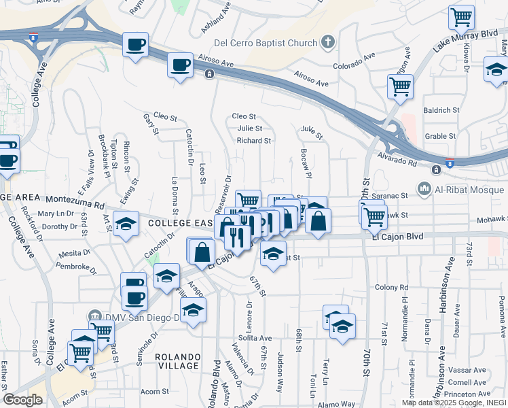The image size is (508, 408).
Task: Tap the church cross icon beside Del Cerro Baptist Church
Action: pos(328,43)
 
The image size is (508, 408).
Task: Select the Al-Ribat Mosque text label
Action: pos(467,187)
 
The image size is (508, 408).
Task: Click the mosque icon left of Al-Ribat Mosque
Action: pos(425,187)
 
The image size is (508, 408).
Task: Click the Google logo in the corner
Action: pos(22,400)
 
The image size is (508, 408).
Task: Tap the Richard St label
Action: pos(254,141)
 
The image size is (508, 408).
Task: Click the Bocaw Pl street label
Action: pos(305,163)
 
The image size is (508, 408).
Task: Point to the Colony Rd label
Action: pos(389,287)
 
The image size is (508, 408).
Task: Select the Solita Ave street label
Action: pos(255,338)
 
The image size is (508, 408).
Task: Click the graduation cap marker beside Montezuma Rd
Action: pos(126,224)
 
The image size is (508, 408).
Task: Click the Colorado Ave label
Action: pos(355,61)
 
